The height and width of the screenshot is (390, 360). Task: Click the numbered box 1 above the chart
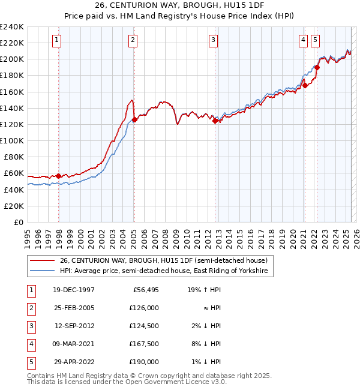click(56, 40)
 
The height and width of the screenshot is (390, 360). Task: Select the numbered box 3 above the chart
click(213, 40)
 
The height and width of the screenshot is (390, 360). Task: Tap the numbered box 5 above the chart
click(315, 40)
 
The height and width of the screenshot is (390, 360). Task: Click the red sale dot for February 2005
click(135, 119)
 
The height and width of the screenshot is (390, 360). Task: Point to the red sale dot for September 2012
click(215, 121)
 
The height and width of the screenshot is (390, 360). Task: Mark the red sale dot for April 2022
click(317, 67)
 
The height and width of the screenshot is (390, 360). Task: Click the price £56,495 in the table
click(143, 290)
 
